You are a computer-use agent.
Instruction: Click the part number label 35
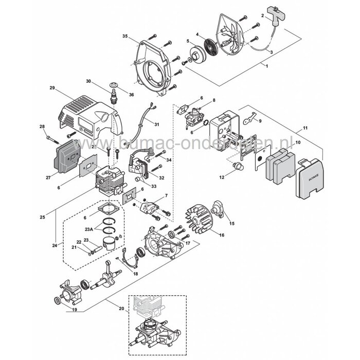124,36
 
